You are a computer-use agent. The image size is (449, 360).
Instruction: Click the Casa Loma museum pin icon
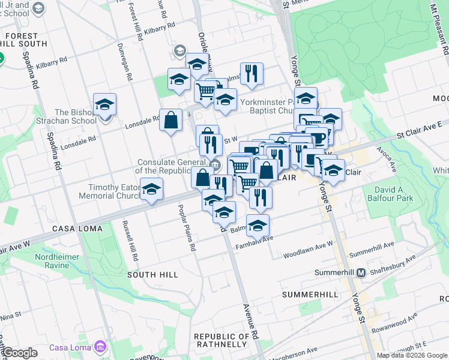(100, 347)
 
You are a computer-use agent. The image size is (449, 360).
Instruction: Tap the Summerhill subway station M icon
(361, 272)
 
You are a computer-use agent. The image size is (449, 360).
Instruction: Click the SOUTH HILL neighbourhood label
(152, 274)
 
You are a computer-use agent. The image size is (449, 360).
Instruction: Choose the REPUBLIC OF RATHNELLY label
(221, 340)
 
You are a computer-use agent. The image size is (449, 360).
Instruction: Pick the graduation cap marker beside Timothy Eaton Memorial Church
(152, 190)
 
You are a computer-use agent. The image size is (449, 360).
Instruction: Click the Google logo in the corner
(20, 353)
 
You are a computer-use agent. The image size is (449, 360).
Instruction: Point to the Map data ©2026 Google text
(412, 355)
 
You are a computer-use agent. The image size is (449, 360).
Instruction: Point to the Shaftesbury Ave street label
(393, 263)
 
